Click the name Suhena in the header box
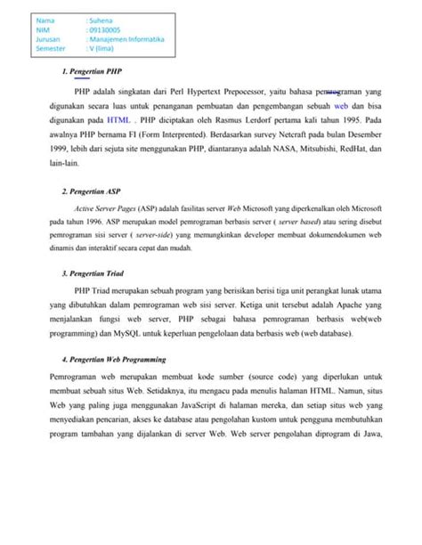(x=101, y=19)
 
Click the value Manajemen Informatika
(x=128, y=40)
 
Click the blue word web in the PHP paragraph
(x=339, y=104)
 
